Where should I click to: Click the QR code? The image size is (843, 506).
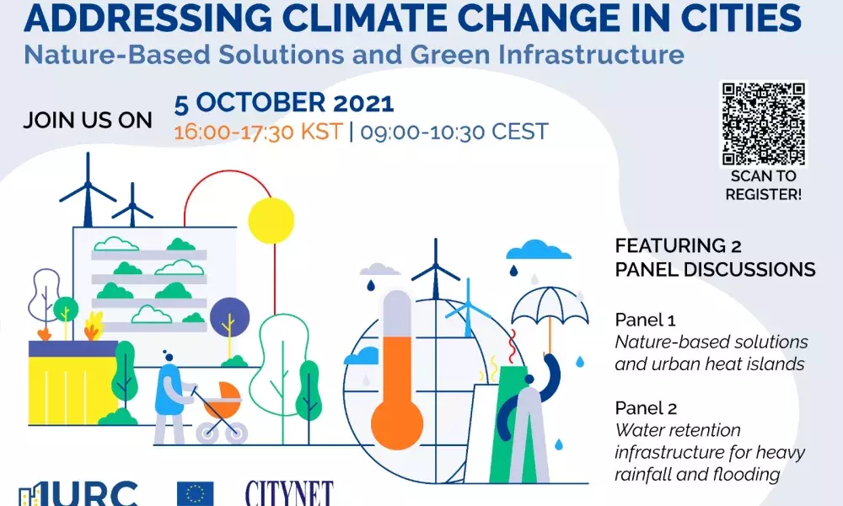tap(764, 124)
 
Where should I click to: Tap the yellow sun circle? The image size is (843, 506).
tap(271, 220)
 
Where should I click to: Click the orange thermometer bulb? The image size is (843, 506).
tap(397, 423)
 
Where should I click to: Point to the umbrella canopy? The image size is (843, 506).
tap(550, 305)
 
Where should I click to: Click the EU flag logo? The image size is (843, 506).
tap(196, 493)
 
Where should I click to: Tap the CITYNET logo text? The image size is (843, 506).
tap(289, 493)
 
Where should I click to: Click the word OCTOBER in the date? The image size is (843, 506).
tap(260, 103)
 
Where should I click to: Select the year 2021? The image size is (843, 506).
tap(363, 103)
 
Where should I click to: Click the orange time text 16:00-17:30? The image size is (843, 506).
tap(231, 132)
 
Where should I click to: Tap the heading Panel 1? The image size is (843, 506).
tap(645, 320)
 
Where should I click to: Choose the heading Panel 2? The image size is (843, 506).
tap(647, 408)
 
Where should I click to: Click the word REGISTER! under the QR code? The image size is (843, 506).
tap(764, 194)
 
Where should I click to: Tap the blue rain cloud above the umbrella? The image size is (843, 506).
tap(538, 250)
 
